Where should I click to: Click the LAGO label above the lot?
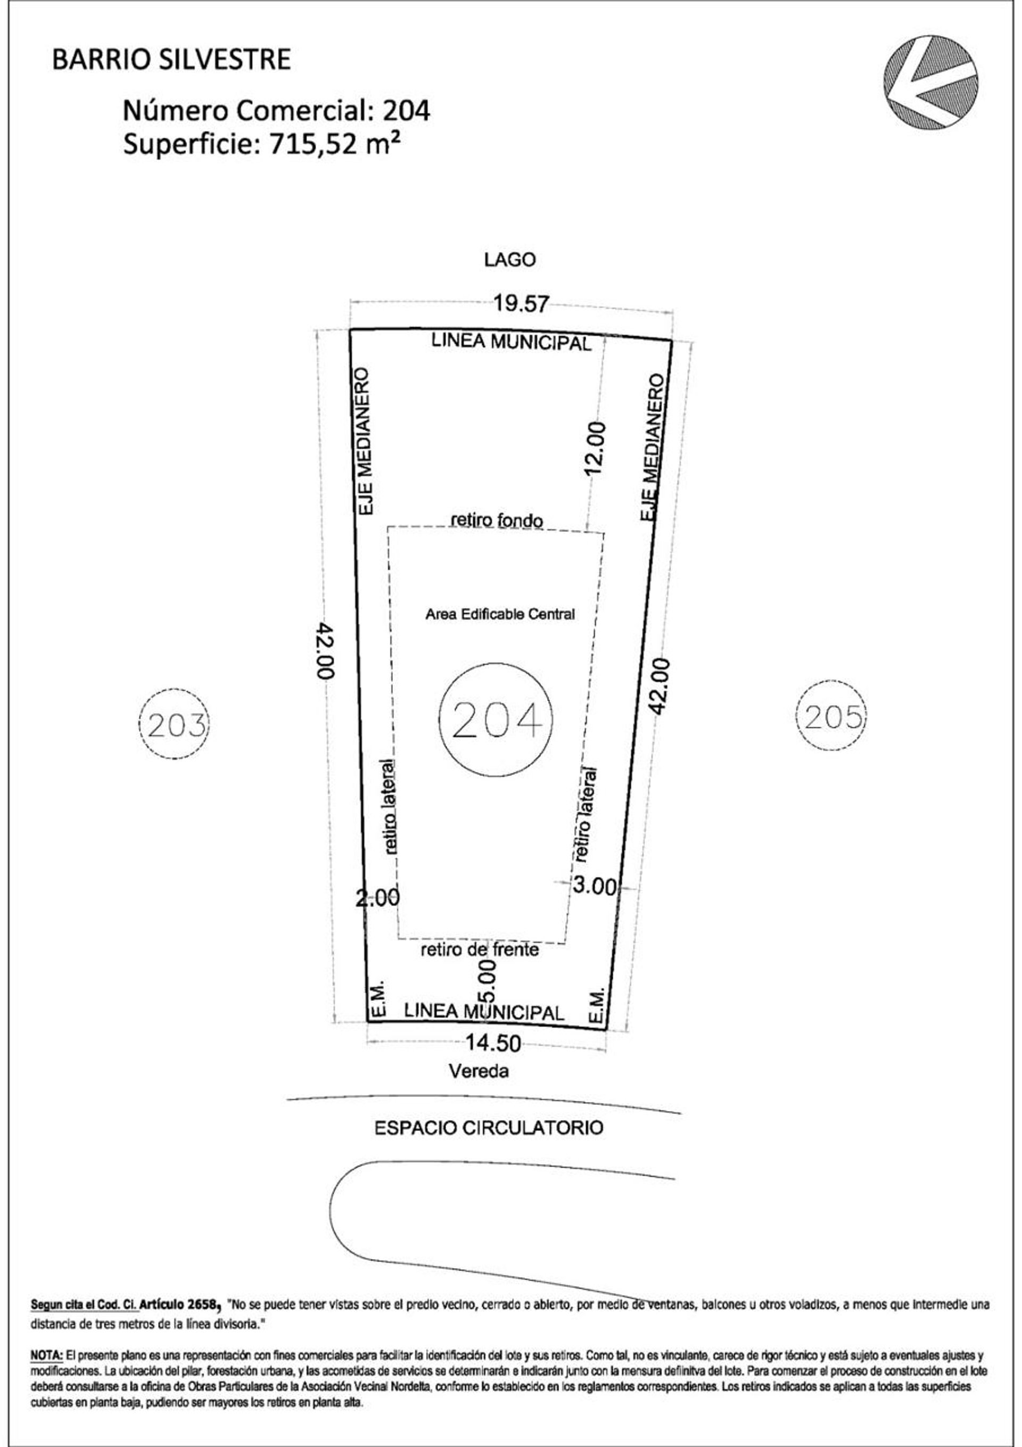click(x=510, y=260)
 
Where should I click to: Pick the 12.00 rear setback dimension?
click(x=596, y=448)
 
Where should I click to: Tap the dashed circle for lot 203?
click(x=174, y=725)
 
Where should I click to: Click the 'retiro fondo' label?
click(x=497, y=520)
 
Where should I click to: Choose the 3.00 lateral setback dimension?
click(x=595, y=886)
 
